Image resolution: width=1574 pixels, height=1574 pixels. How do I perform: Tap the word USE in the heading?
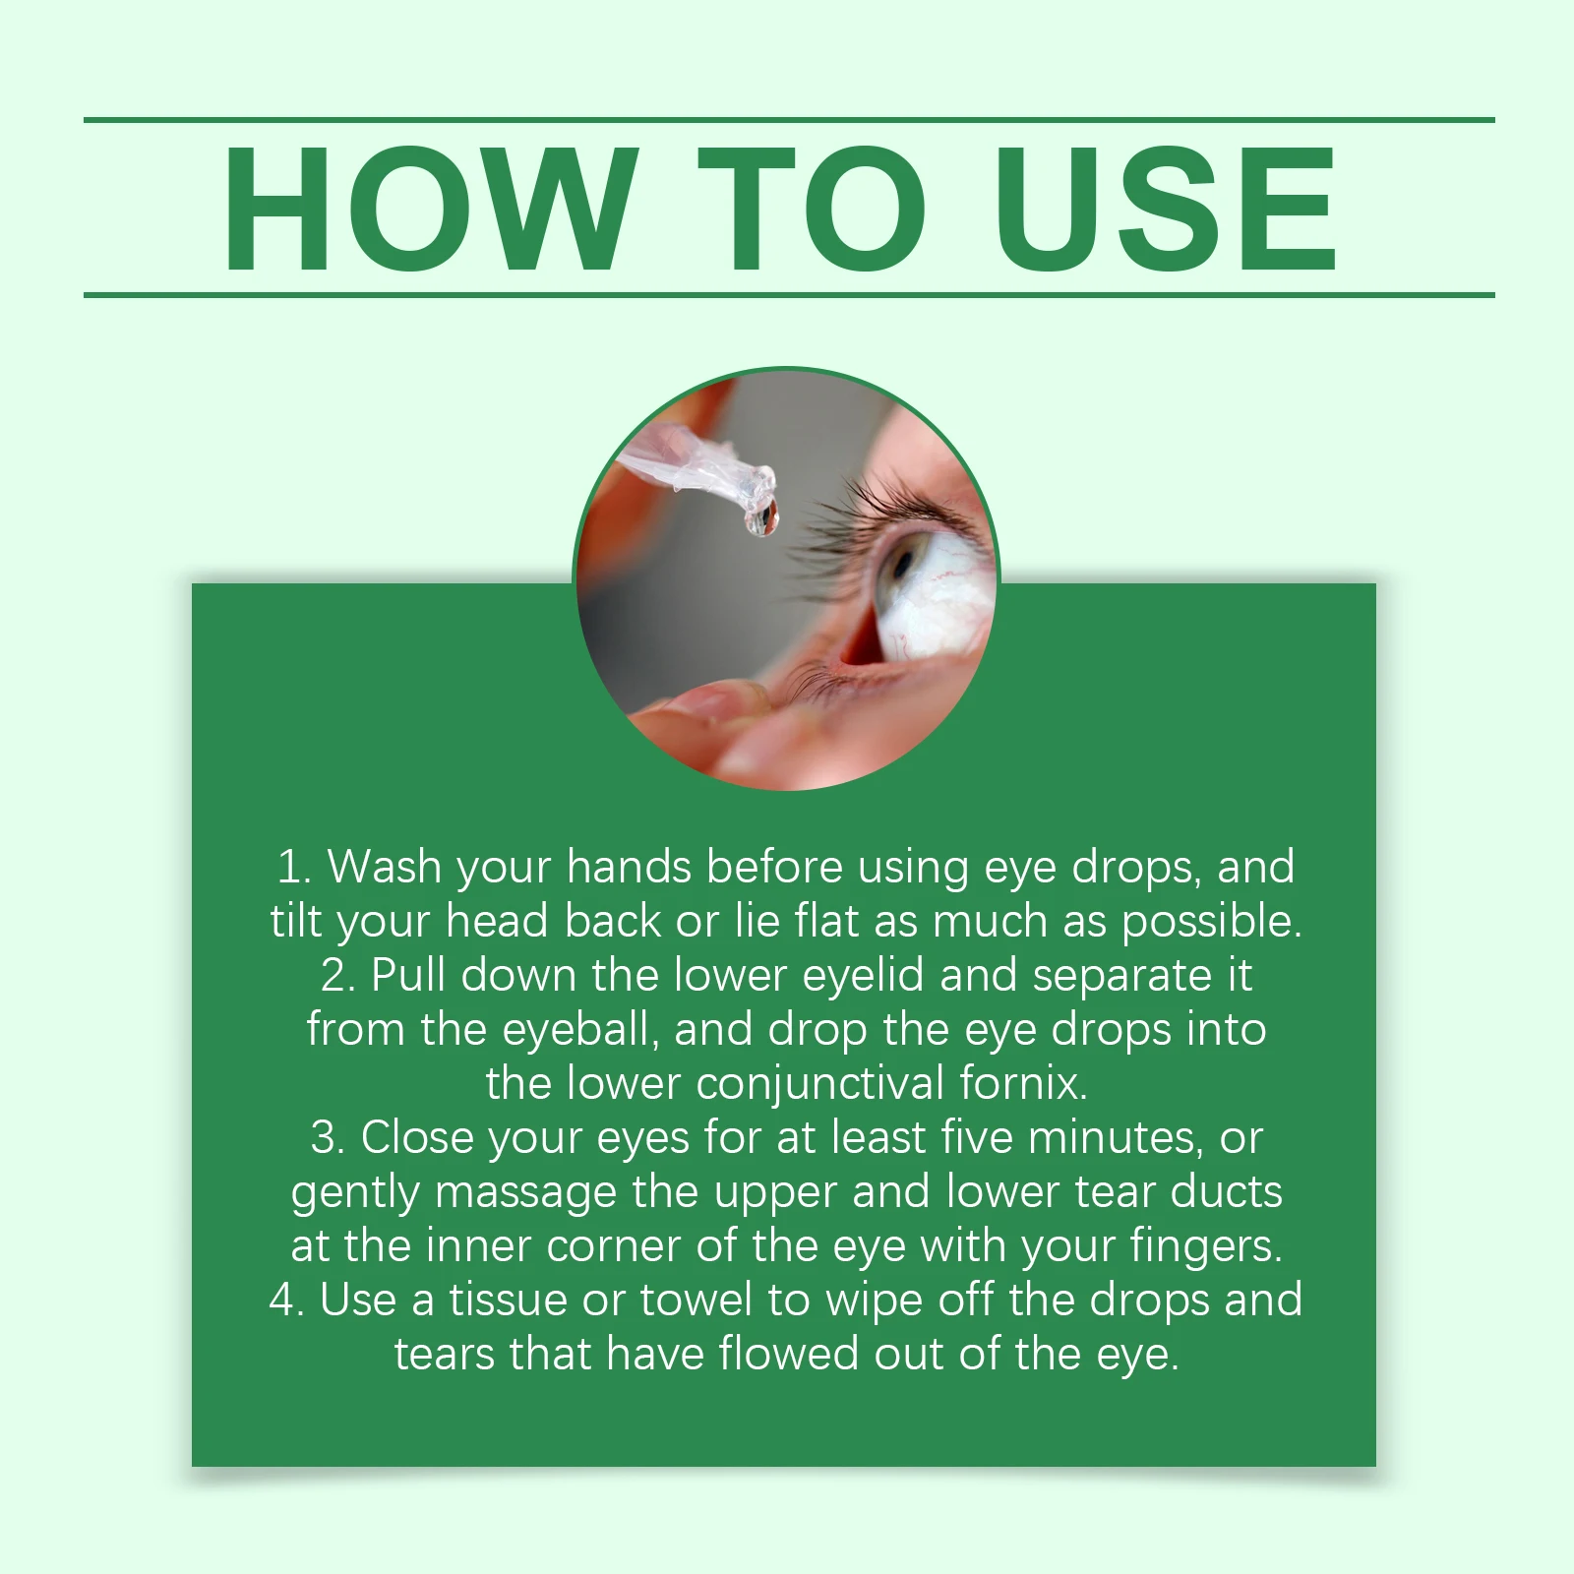1166,209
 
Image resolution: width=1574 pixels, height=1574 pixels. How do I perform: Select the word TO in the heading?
813,209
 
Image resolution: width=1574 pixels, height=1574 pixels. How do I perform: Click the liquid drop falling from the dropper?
761,517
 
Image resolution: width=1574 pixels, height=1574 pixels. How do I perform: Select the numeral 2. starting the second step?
337,976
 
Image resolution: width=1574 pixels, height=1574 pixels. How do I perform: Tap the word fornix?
1024,1084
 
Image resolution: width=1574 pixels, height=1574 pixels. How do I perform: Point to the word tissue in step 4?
509,1301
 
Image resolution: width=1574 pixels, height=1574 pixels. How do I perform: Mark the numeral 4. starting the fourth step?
288,1301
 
